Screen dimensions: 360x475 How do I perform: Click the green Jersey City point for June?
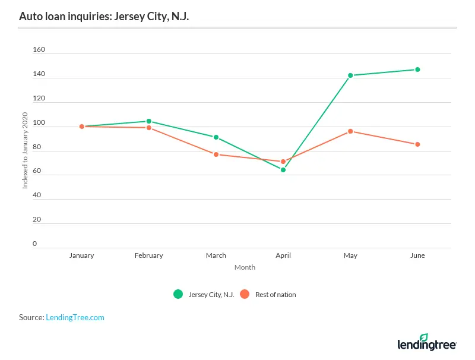point(417,70)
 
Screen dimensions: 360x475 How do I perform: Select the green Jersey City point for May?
point(350,75)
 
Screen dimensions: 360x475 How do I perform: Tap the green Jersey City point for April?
point(283,170)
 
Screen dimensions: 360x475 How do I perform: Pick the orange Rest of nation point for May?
point(350,131)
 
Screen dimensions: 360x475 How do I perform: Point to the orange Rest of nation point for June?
point(417,144)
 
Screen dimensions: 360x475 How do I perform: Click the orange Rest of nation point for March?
point(216,154)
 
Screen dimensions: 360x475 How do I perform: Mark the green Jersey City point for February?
point(149,121)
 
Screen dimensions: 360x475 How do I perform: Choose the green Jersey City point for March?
point(216,137)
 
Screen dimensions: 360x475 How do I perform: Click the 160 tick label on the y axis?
point(39,50)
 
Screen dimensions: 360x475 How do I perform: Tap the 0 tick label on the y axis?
point(35,244)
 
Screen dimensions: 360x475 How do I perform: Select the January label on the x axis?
point(81,255)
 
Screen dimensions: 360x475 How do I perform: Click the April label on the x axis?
point(283,255)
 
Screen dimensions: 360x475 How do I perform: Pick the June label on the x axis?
point(417,255)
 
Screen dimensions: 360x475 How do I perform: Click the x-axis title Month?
point(245,267)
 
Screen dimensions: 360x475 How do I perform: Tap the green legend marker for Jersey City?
point(178,294)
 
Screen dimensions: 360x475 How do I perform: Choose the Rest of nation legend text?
point(275,294)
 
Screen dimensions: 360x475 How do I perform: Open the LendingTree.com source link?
point(75,317)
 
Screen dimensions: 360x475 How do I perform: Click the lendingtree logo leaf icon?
point(423,337)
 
